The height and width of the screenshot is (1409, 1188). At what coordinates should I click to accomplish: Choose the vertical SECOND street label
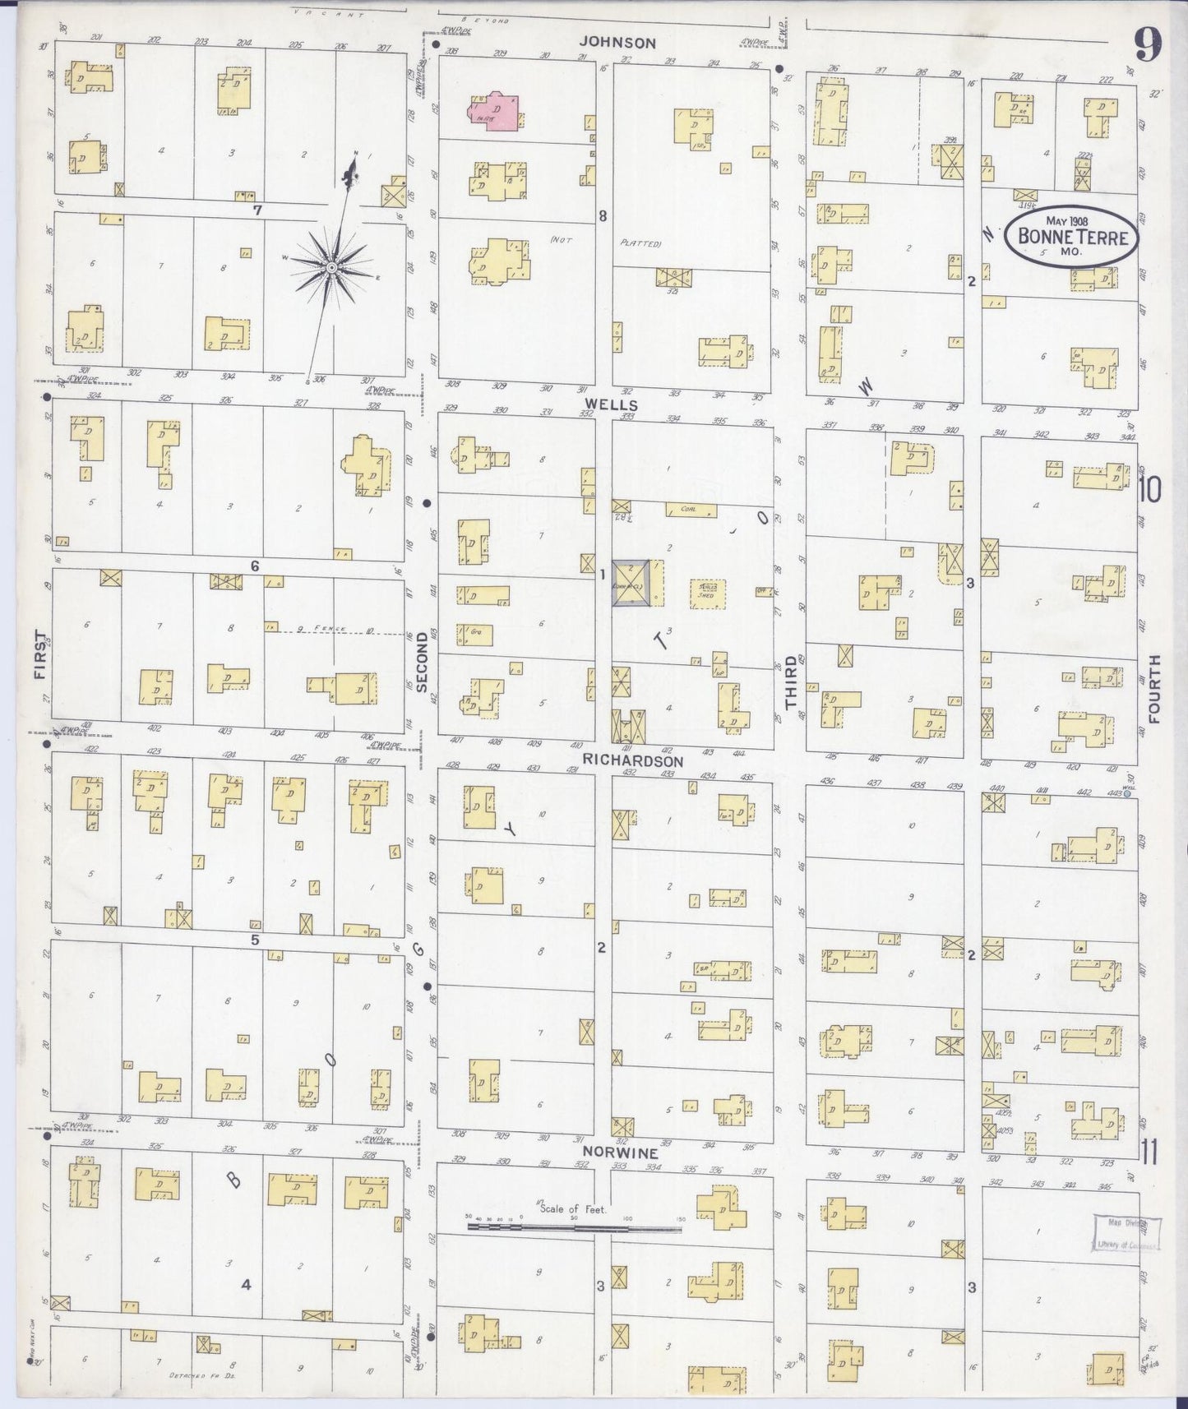point(423,662)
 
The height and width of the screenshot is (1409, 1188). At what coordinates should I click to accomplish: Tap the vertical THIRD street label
point(791,682)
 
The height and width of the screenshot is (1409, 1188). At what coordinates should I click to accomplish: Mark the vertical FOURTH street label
point(1153,689)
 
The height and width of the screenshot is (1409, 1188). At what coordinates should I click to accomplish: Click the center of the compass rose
point(331,267)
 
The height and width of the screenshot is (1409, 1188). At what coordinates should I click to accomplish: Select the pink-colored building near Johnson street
point(496,112)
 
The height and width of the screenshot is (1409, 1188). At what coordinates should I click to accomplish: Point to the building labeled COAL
point(689,510)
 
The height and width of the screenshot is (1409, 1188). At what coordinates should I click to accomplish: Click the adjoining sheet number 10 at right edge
point(1150,491)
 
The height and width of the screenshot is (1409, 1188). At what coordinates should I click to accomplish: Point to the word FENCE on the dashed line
point(334,629)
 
